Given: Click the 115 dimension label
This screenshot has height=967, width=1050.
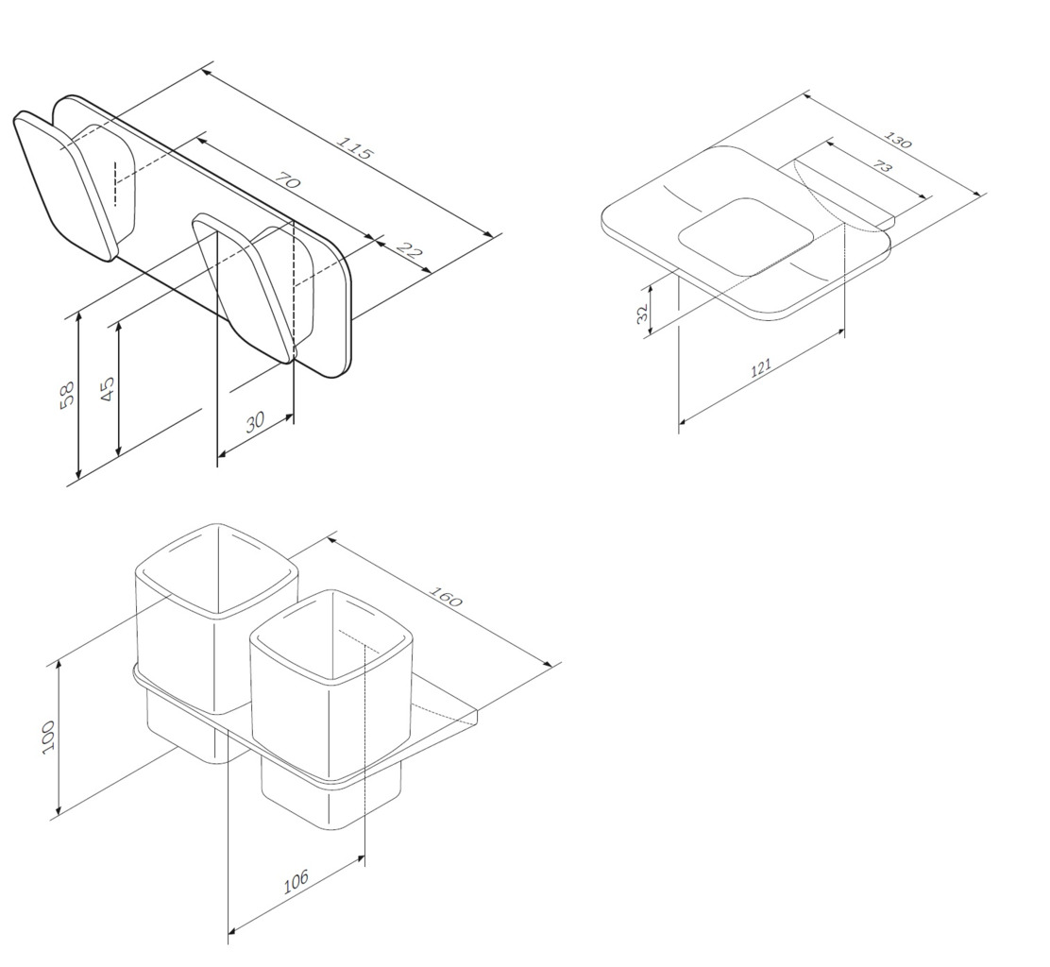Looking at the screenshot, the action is [354, 148].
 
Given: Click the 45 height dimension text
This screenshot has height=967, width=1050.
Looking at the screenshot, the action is [107, 388].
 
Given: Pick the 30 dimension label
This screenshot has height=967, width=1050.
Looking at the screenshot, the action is [255, 422].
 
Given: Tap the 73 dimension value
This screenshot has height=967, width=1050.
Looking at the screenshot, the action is [883, 166].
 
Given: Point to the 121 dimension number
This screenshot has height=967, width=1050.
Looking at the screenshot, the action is [761, 367].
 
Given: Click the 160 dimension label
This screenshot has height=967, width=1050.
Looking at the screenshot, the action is [446, 596].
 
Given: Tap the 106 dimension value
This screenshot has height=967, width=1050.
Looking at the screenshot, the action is [296, 881].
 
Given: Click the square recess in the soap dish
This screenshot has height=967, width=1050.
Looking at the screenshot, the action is [747, 236].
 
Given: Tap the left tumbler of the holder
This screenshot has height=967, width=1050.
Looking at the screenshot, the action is [216, 643].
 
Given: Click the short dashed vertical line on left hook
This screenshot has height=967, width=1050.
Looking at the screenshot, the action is [115, 182].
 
